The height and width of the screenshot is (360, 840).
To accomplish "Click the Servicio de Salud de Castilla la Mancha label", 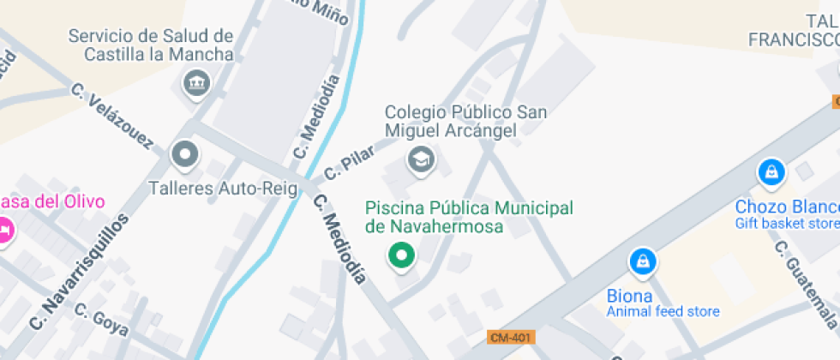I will (151, 45).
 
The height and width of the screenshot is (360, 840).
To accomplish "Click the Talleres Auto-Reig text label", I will (222, 188).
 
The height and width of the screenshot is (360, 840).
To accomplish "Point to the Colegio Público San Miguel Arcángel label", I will (465, 121).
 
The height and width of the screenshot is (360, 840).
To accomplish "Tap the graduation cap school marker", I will (420, 159).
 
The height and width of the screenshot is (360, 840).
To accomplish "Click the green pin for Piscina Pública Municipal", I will (400, 255).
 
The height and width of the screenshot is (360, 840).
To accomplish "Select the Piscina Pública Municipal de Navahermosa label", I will (469, 217).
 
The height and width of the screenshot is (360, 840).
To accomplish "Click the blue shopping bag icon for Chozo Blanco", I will (771, 172).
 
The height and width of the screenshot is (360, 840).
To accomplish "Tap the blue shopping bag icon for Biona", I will (642, 262).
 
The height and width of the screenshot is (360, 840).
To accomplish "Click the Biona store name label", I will (630, 296).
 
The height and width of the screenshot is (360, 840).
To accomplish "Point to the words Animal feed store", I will (663, 311).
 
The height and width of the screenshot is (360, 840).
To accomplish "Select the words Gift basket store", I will (787, 224).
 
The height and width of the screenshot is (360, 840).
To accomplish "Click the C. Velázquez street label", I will (112, 116).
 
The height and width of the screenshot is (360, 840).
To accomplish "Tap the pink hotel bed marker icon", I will (4, 230).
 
